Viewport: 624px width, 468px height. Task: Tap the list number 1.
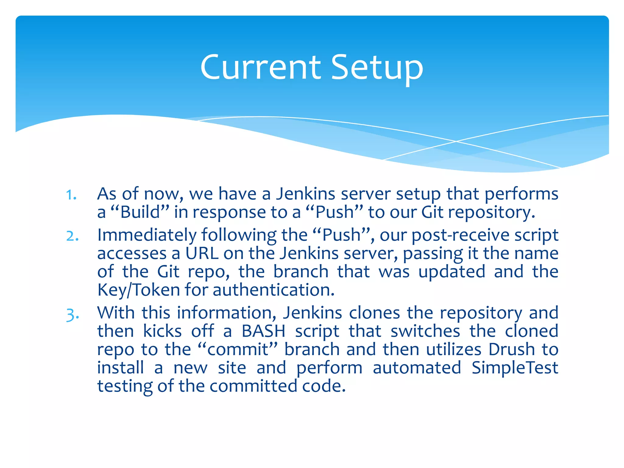[71, 195]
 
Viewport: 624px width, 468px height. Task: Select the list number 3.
[73, 315]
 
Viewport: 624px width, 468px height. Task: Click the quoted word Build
[140, 212]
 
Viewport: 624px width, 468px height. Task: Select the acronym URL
[202, 253]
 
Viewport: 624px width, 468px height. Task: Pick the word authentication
[273, 290]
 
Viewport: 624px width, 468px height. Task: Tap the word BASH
[264, 331]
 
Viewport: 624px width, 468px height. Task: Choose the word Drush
[512, 349]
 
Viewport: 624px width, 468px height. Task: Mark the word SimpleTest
[515, 368]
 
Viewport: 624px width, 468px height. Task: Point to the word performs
[521, 194]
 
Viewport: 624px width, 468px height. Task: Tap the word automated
[417, 368]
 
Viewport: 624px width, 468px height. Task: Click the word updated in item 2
[452, 272]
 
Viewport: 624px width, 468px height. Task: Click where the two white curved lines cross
[456, 141]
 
